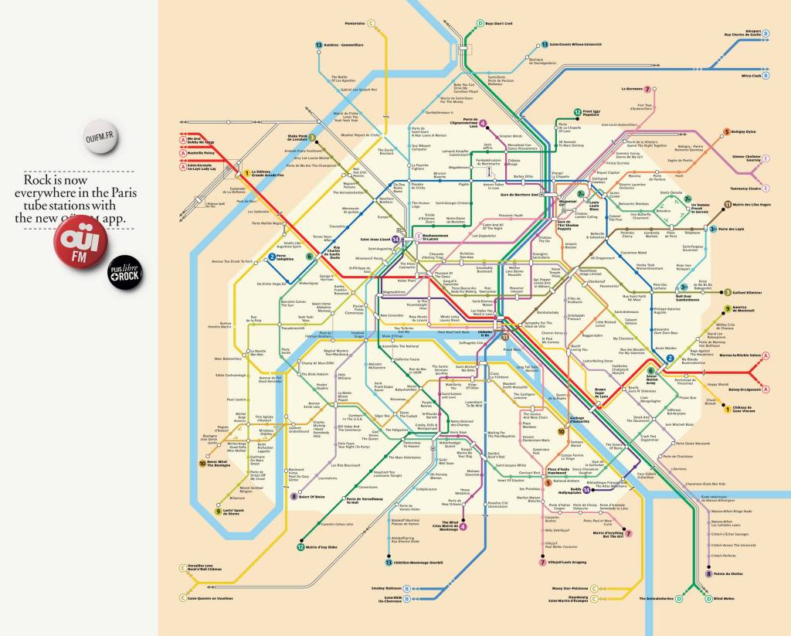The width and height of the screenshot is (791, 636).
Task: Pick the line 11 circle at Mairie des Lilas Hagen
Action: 727,204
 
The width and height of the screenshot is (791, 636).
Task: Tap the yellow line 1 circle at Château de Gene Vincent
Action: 726,409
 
